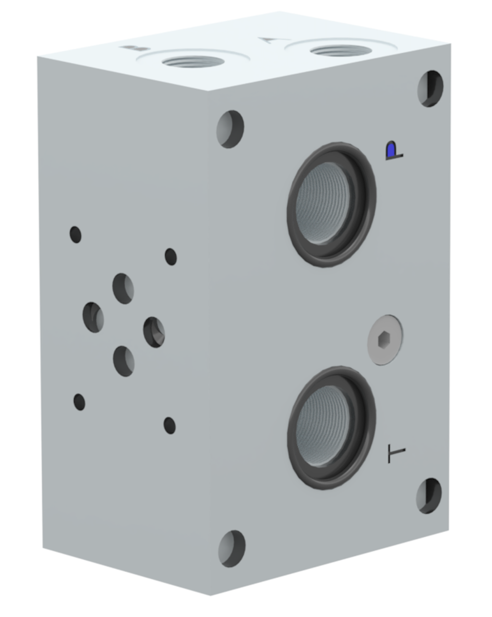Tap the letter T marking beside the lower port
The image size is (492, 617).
(397, 454)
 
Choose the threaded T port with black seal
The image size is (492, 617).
(331, 427)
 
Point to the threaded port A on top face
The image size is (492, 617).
(340, 51)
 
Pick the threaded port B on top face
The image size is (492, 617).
(193, 61)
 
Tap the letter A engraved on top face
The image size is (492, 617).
(269, 40)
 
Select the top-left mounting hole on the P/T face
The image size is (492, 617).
(230, 129)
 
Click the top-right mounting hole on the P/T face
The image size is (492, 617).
(430, 88)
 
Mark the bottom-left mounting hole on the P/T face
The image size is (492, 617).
(231, 548)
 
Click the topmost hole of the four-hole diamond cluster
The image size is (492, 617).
(123, 288)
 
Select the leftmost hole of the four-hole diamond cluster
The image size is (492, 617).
(93, 317)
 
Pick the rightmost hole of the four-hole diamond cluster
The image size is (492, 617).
(154, 332)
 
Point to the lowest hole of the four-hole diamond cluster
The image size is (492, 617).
(124, 361)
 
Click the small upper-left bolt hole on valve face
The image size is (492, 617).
(76, 235)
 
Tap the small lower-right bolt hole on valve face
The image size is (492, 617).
(169, 425)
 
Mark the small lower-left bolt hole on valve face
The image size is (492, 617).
(79, 402)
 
